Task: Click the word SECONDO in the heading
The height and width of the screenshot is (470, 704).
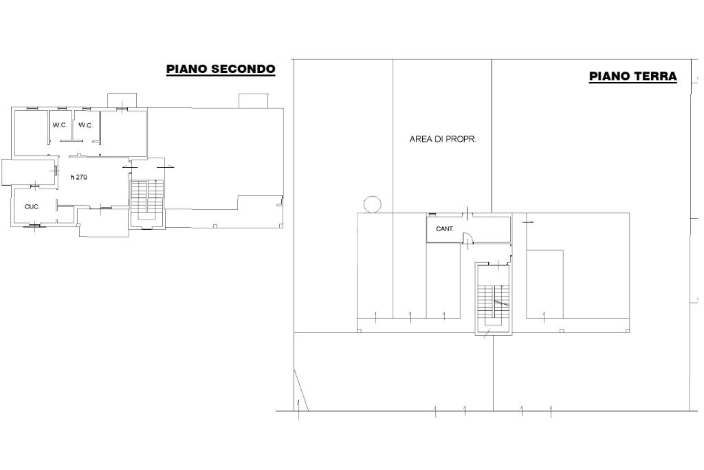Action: tap(243, 69)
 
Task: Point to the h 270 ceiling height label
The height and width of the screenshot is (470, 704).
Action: tap(79, 177)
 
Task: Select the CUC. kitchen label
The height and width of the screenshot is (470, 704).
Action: tap(32, 206)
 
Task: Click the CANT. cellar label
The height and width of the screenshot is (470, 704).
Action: tap(445, 228)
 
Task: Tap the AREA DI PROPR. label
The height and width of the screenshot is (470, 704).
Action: tap(443, 139)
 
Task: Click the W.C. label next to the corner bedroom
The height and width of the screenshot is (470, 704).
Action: tap(60, 125)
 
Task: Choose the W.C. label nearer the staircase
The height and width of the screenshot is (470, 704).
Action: tap(86, 125)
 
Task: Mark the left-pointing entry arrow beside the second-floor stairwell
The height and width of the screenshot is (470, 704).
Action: tap(126, 167)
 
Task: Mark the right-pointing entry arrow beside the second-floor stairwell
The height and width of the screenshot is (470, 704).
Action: tap(168, 167)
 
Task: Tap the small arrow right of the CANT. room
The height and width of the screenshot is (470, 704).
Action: tap(528, 222)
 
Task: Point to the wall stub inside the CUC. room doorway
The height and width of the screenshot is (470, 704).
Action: tap(57, 205)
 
